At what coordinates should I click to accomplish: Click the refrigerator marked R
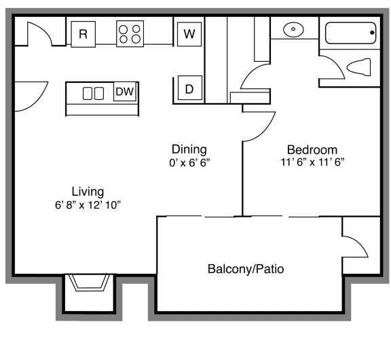83,34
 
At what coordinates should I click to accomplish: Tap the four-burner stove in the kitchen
130,34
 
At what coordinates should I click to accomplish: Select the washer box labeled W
189,33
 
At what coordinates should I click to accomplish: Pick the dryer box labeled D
189,89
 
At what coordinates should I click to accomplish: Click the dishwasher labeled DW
124,92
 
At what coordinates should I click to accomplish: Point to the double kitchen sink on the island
93,93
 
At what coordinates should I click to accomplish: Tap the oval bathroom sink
293,30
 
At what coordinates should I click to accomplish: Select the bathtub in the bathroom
350,33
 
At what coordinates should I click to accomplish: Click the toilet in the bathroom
358,67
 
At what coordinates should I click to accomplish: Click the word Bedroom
312,150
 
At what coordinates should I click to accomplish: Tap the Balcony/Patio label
245,270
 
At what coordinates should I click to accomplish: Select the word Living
88,191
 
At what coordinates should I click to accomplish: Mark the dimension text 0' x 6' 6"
189,163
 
